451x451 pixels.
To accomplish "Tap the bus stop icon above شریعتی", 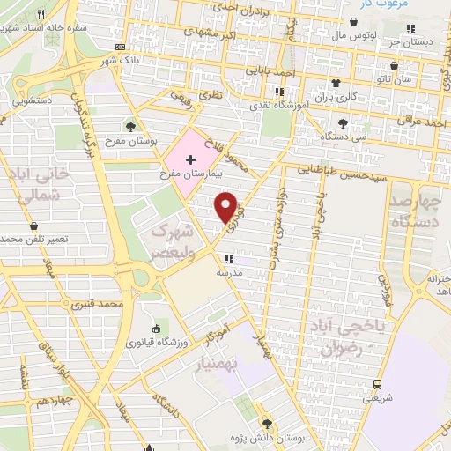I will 378,383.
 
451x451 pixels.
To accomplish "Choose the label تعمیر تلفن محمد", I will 35,239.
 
